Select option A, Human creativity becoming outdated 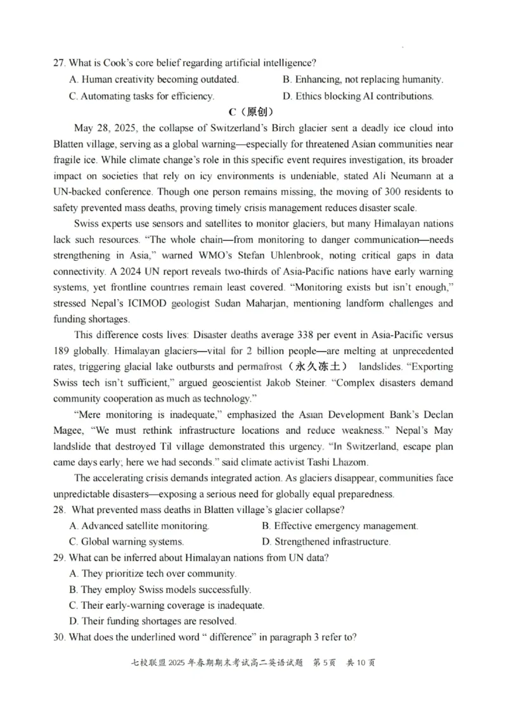[x=154, y=80]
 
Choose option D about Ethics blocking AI [x=358, y=96]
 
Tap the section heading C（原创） [x=253, y=112]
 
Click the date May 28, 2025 [x=105, y=128]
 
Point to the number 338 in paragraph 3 [x=301, y=335]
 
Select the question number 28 [x=60, y=510]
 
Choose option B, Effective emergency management [x=340, y=526]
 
